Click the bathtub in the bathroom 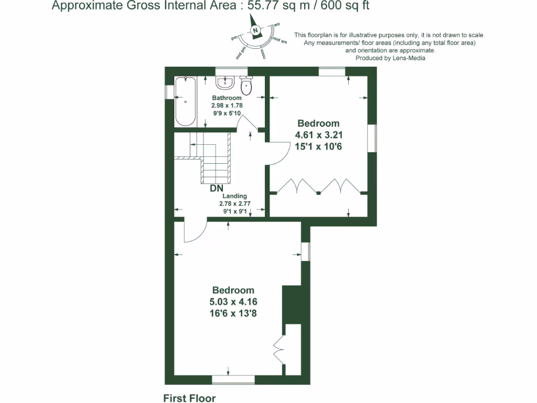(185, 102)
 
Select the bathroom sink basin (225, 82)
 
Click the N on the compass (255, 30)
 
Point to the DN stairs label (217, 188)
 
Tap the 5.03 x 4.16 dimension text (233, 302)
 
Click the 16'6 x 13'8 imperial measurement (233, 313)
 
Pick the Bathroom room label (227, 98)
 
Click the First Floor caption (189, 398)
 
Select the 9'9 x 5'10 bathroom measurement (227, 113)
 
